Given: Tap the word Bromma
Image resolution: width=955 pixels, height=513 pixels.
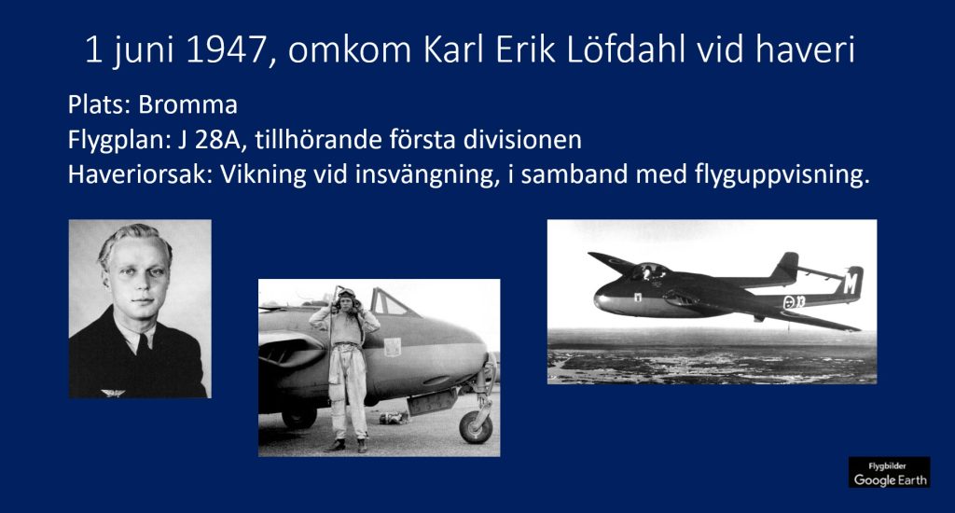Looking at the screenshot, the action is tap(187, 104).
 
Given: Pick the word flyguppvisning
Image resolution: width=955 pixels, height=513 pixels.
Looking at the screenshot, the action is tap(782, 175).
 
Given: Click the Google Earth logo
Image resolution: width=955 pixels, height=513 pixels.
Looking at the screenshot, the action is tap(889, 473).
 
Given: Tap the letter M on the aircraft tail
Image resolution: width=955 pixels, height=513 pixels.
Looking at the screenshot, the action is tap(851, 284).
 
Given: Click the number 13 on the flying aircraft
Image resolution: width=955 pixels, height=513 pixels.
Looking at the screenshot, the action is tap(799, 301).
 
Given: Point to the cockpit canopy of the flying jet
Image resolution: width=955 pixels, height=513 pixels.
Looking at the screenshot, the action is tap(649, 271).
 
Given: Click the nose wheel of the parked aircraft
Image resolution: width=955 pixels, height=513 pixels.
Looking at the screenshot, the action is tap(476, 426).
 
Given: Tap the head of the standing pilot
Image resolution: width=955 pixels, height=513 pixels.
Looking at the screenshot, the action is tap(346, 299).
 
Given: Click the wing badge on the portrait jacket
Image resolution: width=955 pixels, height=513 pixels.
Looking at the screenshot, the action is tap(113, 393).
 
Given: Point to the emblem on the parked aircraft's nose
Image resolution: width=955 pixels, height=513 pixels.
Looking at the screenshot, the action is tap(393, 347).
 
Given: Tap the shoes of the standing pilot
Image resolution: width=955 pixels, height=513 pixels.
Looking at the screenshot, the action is tap(347, 445).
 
